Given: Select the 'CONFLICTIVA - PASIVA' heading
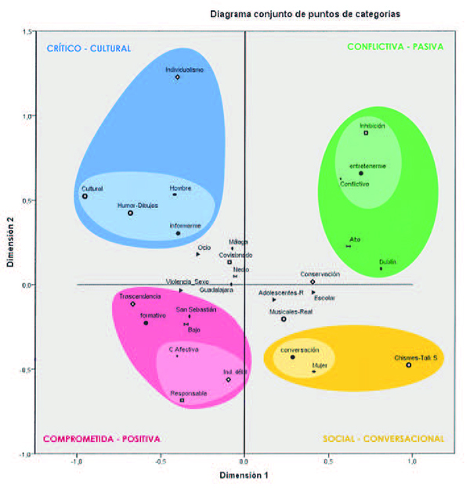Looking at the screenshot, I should [x=395, y=46].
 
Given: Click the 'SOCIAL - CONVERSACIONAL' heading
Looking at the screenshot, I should [x=385, y=439].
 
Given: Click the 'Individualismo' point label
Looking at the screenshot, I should [x=185, y=70].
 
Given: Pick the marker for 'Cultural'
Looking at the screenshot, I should [x=85, y=196].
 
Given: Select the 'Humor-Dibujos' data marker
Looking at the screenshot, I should [x=131, y=213].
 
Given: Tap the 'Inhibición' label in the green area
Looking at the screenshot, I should [x=373, y=125].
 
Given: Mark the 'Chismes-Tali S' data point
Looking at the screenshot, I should [x=408, y=365].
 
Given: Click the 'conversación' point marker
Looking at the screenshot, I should [x=293, y=357].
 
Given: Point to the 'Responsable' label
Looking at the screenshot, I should [x=188, y=393].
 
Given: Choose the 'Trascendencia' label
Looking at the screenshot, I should [x=140, y=296].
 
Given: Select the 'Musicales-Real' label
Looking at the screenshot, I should [x=291, y=311].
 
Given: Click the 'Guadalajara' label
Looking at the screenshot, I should [x=216, y=290].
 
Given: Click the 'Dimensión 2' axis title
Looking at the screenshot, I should [x=10, y=242].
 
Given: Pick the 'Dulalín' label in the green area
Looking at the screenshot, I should [x=387, y=262].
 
